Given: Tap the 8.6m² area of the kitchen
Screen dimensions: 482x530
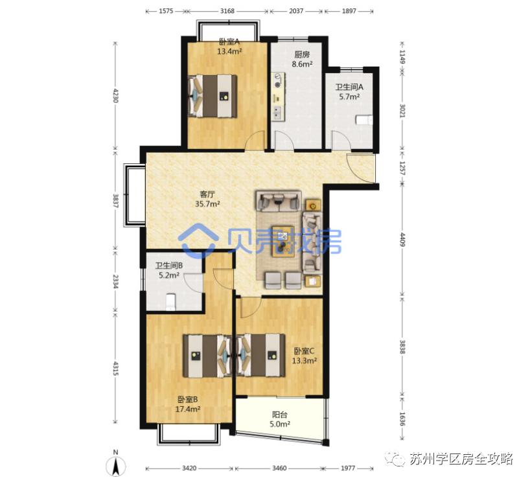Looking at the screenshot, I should (303, 64).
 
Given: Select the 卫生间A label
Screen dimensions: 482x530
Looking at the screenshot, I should (349, 87).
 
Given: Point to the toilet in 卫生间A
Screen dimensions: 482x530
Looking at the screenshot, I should (364, 119).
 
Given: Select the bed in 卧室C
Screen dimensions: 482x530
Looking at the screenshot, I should (261, 354).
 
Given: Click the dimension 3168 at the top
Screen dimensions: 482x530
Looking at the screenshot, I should (227, 11).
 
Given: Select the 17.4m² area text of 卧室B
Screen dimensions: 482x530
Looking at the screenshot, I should (188, 409).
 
